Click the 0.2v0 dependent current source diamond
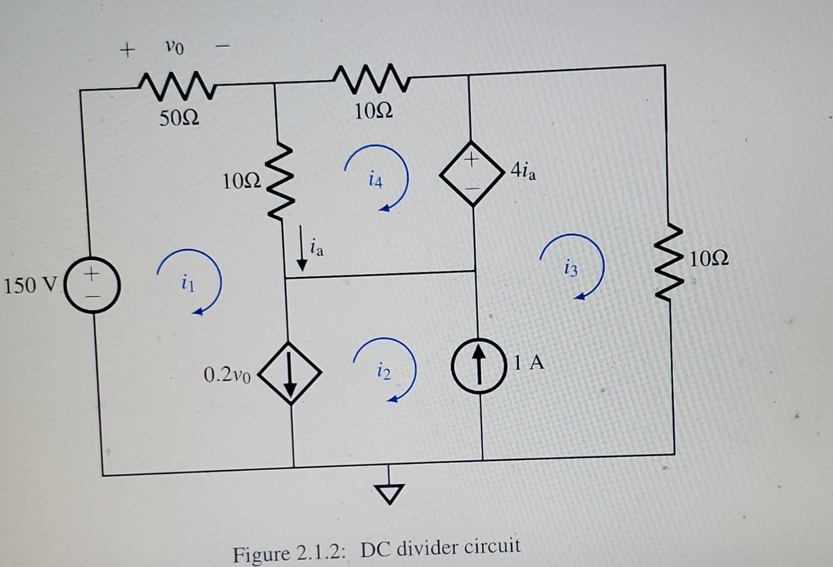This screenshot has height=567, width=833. pos(290,373)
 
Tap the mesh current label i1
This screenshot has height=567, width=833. pos(187,284)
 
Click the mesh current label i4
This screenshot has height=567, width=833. pos(376,181)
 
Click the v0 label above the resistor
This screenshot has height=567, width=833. pos(174,48)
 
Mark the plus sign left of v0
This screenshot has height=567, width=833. pos(126,50)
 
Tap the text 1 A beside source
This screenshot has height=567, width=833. pos(529,362)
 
